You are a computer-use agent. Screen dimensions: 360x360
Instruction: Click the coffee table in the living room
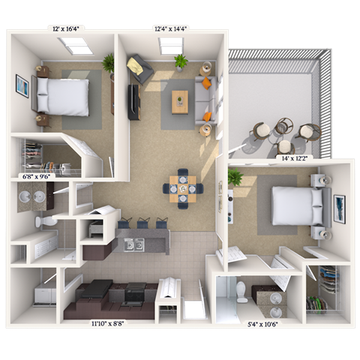pos(180,100)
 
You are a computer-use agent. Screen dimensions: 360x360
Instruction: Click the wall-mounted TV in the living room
pos(133,102)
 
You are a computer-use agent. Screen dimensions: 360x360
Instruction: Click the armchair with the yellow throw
pos(139,69)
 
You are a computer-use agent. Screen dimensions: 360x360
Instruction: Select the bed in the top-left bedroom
pos(63,97)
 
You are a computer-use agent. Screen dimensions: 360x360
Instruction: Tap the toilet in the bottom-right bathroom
pos(241,290)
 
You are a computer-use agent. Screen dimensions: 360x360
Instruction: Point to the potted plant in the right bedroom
pos(235,178)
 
